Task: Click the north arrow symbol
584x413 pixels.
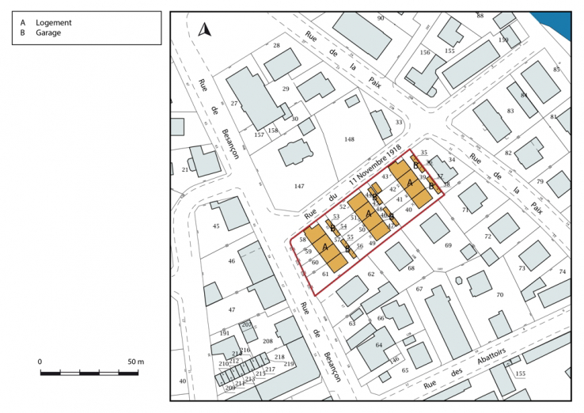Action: (x=204, y=30)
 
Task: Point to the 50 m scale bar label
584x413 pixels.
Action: (x=135, y=362)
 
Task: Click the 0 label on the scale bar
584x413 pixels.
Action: (x=40, y=362)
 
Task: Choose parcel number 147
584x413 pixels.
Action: (x=299, y=186)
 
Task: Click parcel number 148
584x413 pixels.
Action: (x=349, y=139)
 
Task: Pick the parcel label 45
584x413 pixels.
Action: (x=216, y=227)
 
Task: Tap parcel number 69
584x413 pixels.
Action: (x=448, y=246)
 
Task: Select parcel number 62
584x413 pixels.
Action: (x=370, y=274)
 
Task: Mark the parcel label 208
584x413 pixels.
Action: (x=267, y=342)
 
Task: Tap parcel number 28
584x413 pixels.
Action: (x=276, y=46)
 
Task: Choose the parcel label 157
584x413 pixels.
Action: (x=259, y=135)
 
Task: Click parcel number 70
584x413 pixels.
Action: (x=499, y=295)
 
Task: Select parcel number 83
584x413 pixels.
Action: (x=510, y=111)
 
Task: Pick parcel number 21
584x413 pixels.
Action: (x=185, y=170)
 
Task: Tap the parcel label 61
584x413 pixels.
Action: (x=325, y=274)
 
